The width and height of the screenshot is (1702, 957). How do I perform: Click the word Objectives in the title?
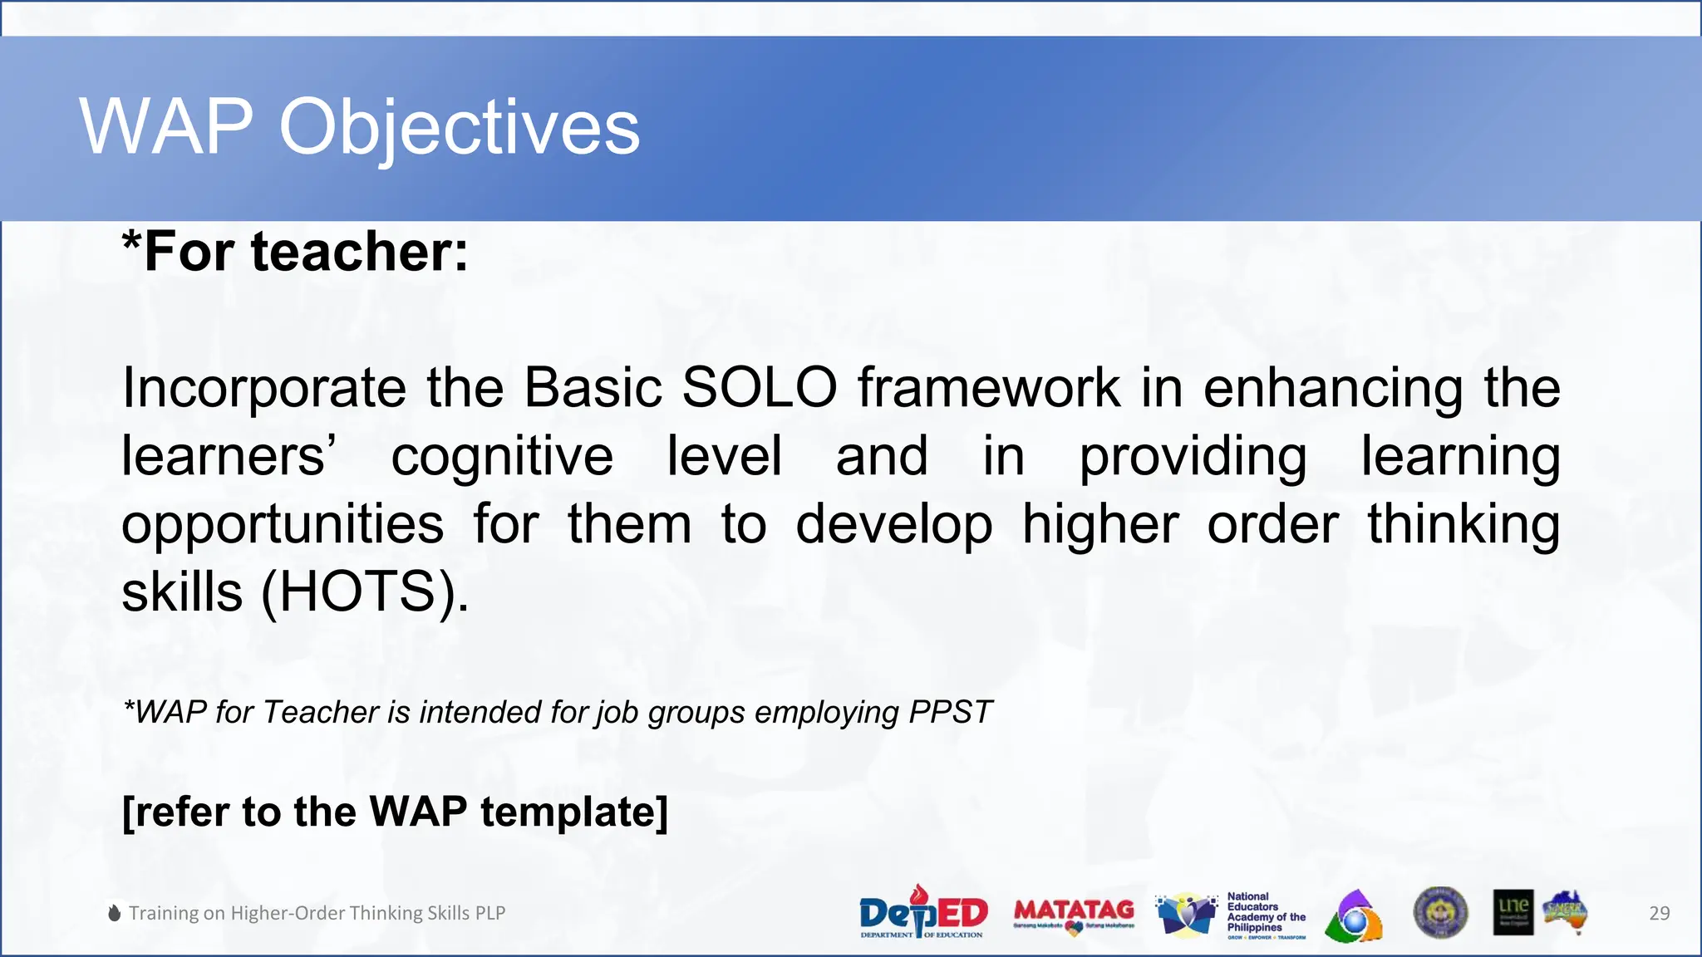point(459,127)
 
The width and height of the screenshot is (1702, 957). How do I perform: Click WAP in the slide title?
point(166,127)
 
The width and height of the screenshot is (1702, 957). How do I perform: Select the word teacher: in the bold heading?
point(359,252)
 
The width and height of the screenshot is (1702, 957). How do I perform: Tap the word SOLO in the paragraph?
point(759,388)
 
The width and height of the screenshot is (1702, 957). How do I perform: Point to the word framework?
point(989,388)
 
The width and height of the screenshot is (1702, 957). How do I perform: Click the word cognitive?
point(502,457)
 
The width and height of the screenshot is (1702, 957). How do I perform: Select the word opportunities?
point(283,525)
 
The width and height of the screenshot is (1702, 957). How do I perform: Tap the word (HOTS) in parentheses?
point(366,592)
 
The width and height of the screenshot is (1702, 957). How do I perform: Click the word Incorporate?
point(263,388)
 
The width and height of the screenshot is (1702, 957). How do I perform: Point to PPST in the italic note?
point(950,712)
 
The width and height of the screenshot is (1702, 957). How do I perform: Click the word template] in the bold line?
point(574,812)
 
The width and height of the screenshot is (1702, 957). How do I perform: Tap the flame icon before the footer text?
point(115,913)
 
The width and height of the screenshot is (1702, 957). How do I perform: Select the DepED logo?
point(922,912)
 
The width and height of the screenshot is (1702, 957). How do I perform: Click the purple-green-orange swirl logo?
point(1355,915)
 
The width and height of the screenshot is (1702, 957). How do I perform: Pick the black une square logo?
point(1513,912)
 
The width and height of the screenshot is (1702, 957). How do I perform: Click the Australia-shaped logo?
point(1566,912)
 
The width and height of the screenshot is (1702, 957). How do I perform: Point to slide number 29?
point(1659,913)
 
